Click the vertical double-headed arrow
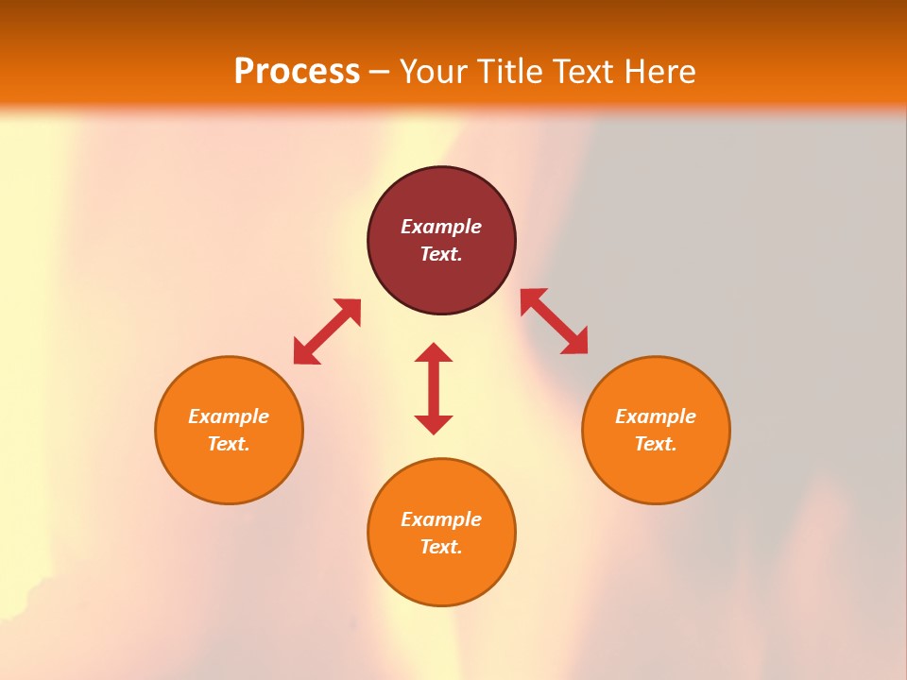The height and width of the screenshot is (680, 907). tap(434, 388)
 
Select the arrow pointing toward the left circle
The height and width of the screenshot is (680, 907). tap(327, 331)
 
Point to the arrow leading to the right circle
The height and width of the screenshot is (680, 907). tap(555, 321)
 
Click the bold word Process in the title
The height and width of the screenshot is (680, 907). tap(297, 71)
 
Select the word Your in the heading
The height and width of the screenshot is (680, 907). tap(433, 72)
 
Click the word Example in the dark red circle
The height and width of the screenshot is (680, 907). tap(441, 227)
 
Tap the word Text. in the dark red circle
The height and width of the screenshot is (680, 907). tap(441, 254)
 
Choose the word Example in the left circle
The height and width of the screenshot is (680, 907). tap(229, 416)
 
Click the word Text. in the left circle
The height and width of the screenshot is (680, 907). tap(229, 444)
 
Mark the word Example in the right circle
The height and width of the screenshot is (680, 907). tap(656, 416)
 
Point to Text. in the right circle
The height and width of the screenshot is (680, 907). tap(656, 444)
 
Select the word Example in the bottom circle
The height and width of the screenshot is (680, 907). tap(441, 519)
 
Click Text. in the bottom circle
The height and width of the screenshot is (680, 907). tap(441, 547)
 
